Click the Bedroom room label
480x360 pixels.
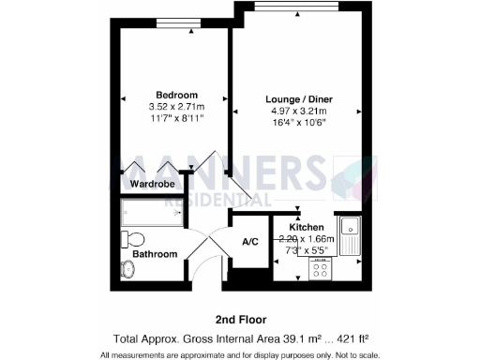(x=176, y=95)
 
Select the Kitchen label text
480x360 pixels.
(x=307, y=228)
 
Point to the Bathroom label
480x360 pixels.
(x=155, y=254)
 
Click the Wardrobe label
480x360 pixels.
(x=153, y=185)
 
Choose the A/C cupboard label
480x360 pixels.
(x=250, y=243)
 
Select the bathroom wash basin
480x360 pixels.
(x=128, y=269)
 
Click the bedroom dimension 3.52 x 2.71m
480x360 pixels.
(x=176, y=107)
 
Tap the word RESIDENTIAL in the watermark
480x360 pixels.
(x=218, y=200)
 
